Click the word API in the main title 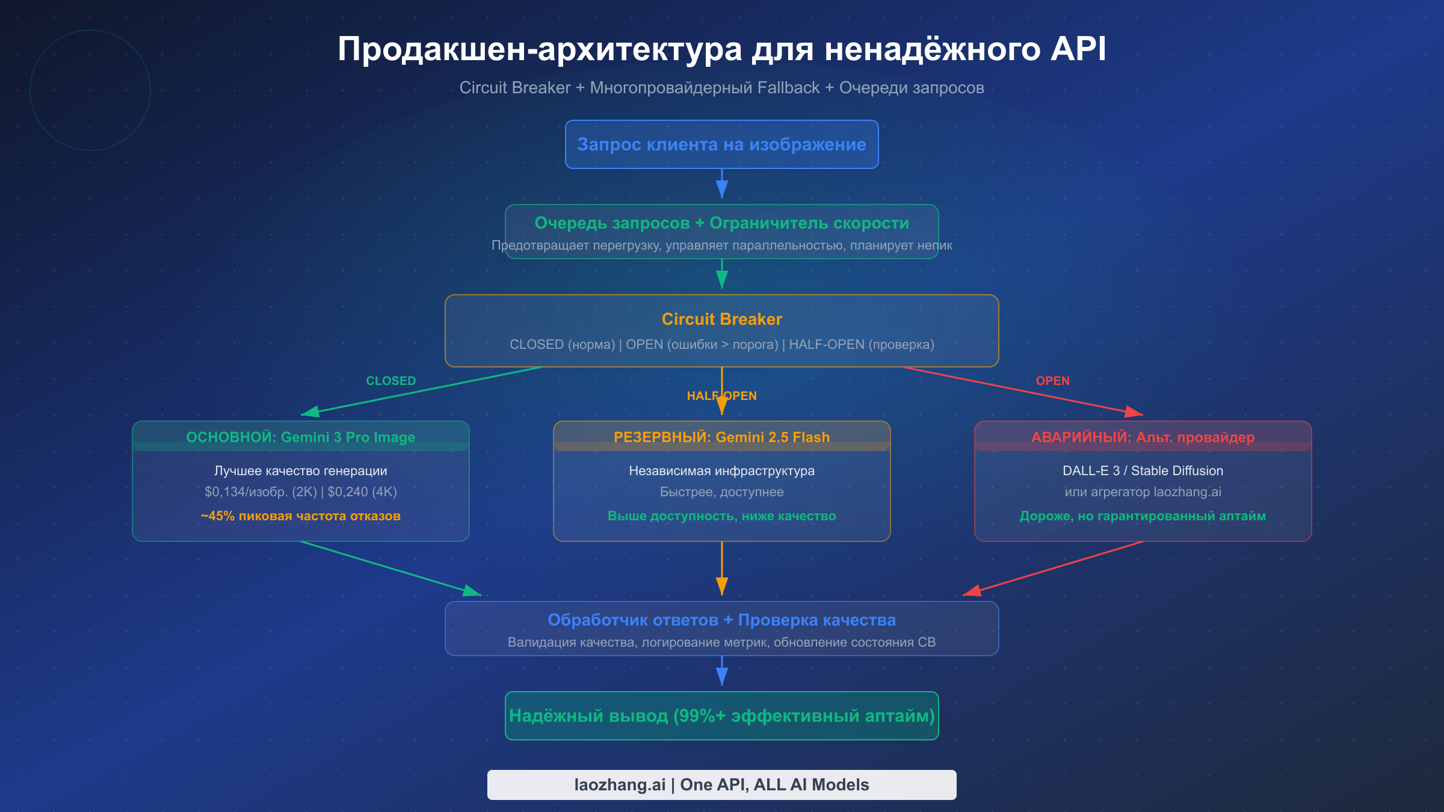(x=1078, y=49)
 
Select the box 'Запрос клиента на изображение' (x=721, y=144)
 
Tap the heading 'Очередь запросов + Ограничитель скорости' (x=721, y=223)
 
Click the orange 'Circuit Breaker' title (x=721, y=319)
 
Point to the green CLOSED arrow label (x=390, y=381)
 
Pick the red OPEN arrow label (x=1052, y=381)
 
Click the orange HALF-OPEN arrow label (x=721, y=396)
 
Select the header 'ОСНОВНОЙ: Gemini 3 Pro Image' (x=300, y=437)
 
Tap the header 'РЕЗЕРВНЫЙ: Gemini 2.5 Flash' (x=721, y=437)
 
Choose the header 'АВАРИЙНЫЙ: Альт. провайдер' (x=1143, y=437)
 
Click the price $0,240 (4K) (x=362, y=492)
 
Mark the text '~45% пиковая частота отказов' (x=300, y=516)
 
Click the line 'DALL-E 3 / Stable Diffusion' (x=1143, y=471)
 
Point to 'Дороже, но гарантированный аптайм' (x=1143, y=516)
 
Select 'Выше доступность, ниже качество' (x=721, y=516)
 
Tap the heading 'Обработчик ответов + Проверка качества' (x=721, y=620)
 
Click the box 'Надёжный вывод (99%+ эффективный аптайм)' (x=721, y=716)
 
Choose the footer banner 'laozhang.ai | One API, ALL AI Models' (x=721, y=785)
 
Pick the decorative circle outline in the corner (x=90, y=31)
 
